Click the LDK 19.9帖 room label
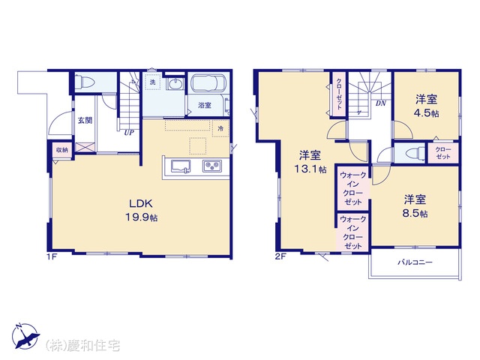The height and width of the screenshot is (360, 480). tap(142, 210)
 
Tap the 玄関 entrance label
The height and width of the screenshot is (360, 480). tap(85, 120)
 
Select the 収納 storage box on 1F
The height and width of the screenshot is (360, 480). tap(61, 150)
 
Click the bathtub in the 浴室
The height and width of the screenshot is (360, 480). tap(208, 82)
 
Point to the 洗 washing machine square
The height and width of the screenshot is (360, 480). tap(152, 82)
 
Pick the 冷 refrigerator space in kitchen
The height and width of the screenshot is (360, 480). tap(220, 128)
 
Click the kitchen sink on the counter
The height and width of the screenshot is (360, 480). tap(180, 166)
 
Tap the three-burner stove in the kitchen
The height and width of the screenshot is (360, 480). tap(211, 166)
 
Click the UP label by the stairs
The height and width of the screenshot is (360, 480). tap(129, 133)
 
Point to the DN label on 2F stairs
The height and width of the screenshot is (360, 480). tap(381, 103)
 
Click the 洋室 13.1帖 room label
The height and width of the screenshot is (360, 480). tap(310, 162)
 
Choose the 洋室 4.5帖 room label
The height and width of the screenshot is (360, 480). tap(427, 106)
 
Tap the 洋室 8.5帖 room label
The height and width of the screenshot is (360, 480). tap(415, 207)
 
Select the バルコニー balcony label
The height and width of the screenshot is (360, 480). tap(415, 262)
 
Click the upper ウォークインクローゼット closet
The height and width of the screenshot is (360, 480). tap(353, 188)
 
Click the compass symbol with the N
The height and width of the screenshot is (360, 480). tap(26, 336)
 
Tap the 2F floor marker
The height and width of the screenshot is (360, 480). tap(280, 257)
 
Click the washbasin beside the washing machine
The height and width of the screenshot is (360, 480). tap(175, 83)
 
